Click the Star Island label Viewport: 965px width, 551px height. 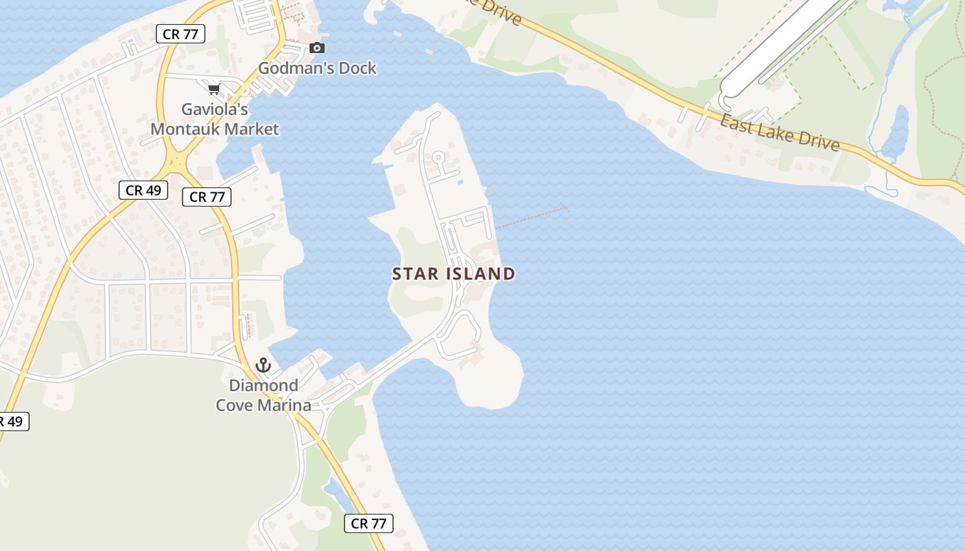pyautogui.click(x=454, y=274)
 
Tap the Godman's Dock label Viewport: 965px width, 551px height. pyautogui.click(x=317, y=68)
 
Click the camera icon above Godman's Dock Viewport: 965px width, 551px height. pyautogui.click(x=317, y=48)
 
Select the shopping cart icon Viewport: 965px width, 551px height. pyautogui.click(x=214, y=89)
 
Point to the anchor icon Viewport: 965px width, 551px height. pyautogui.click(x=263, y=365)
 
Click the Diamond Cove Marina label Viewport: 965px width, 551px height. pyautogui.click(x=264, y=395)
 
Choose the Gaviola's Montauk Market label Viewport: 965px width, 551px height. pyautogui.click(x=215, y=119)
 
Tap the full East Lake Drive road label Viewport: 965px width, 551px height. pyautogui.click(x=780, y=133)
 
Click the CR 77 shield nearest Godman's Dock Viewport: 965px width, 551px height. pyautogui.click(x=181, y=34)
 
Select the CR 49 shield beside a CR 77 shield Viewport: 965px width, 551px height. pyautogui.click(x=143, y=190)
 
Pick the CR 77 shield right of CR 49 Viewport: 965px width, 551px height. pyautogui.click(x=207, y=197)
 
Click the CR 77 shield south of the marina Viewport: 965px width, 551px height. pyautogui.click(x=369, y=523)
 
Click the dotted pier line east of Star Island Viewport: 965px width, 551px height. pyautogui.click(x=531, y=217)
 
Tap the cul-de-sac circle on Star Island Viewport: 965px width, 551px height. pyautogui.click(x=438, y=158)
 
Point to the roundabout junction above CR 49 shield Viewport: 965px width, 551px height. pyautogui.click(x=179, y=163)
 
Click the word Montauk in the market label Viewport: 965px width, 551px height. pyautogui.click(x=187, y=129)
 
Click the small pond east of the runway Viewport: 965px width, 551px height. pyautogui.click(x=895, y=134)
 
